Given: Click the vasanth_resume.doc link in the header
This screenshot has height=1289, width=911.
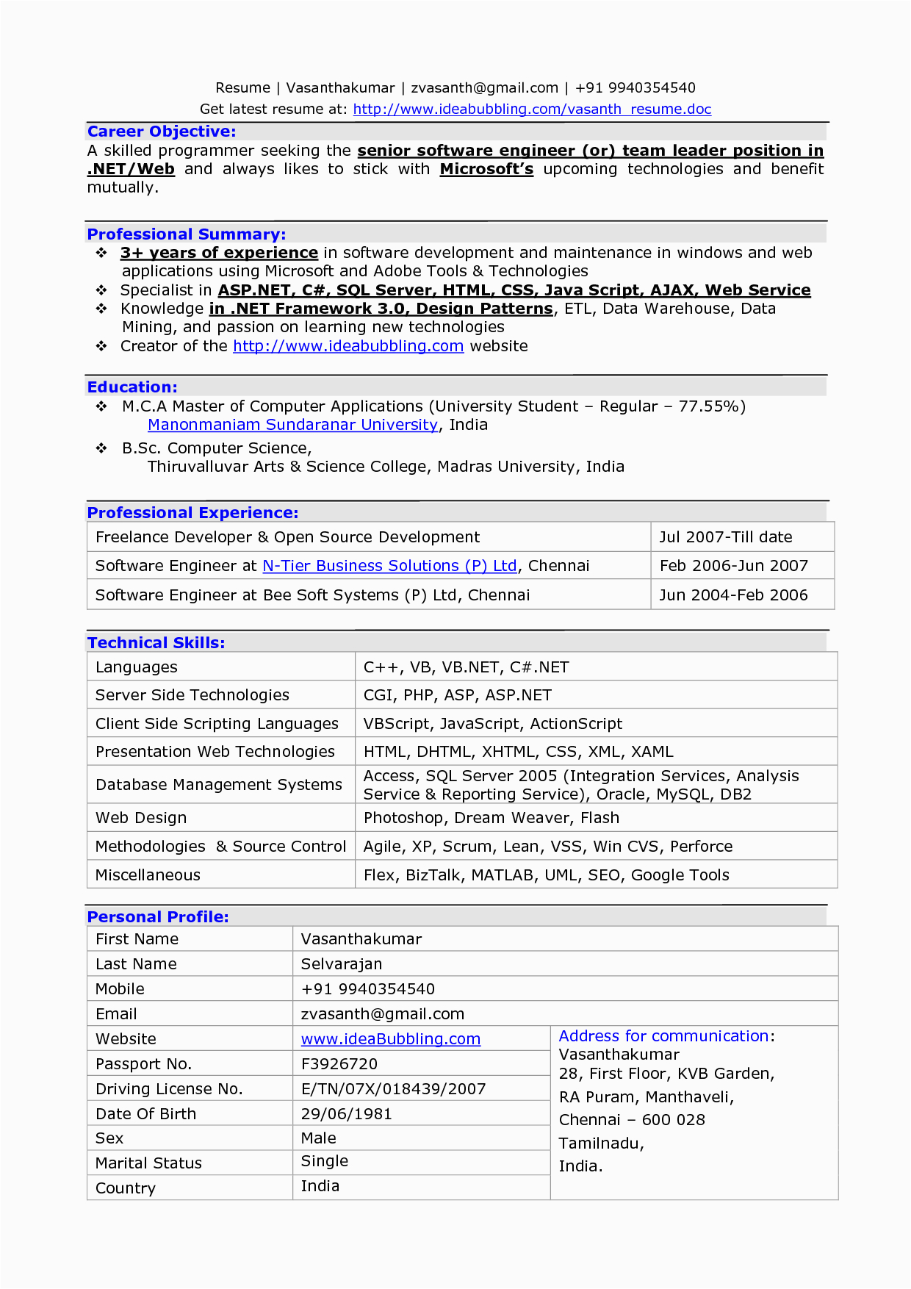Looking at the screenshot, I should coord(532,109).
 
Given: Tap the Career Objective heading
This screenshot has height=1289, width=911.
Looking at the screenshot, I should coord(162,132).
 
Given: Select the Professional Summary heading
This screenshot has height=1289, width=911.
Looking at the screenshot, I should coord(187,234).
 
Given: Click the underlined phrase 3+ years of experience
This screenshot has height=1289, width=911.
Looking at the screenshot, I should coord(219,253).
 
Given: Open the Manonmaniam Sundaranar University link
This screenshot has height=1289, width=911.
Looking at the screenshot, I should coord(292,425).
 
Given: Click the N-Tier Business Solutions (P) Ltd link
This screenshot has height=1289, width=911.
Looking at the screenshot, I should coord(389,566).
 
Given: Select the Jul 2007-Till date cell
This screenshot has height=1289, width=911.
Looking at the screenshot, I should coord(725,537).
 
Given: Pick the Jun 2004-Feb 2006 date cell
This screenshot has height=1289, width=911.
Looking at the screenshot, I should coord(733,595).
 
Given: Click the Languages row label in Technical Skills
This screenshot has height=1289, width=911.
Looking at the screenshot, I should coord(137,667).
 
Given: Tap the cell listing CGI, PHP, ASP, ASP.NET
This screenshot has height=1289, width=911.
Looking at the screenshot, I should coord(457,695).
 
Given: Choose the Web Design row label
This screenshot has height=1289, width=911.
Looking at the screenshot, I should coord(141,818).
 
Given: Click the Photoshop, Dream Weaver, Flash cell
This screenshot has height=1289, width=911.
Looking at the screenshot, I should coord(491,818).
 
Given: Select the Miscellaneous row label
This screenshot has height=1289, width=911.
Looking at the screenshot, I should coord(148,875).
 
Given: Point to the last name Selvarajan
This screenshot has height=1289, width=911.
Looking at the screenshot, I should coord(341,964).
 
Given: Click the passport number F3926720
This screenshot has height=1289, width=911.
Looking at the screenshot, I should coord(339,1064).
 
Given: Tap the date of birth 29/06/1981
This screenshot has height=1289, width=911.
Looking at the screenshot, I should coord(346,1114).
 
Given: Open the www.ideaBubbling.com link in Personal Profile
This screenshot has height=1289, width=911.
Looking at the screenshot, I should coord(390,1039).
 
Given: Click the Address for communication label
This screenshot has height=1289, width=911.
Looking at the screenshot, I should coord(663,1036).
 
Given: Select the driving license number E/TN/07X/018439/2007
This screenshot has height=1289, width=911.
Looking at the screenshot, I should coord(393,1089).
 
